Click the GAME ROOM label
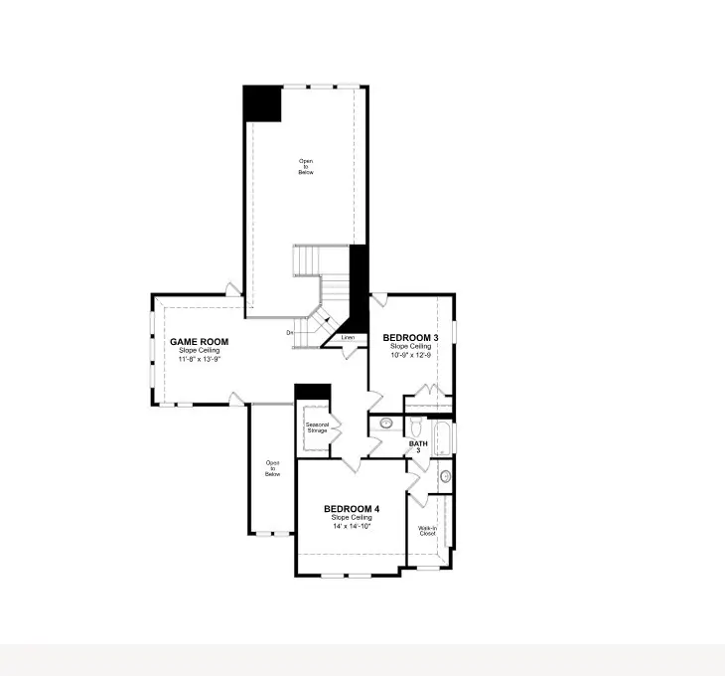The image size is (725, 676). click(x=199, y=342)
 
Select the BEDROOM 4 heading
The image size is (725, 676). click(x=352, y=509)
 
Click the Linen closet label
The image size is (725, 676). click(x=348, y=338)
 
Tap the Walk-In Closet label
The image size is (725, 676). click(x=427, y=530)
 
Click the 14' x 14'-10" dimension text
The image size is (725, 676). click(x=352, y=527)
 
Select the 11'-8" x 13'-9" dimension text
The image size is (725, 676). click(x=199, y=359)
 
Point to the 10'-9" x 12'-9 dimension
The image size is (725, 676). click(x=410, y=355)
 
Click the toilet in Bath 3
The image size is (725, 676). click(x=415, y=425)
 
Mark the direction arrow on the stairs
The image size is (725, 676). click(x=326, y=320)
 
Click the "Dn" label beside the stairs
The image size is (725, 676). click(x=291, y=332)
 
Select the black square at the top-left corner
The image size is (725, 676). click(x=263, y=104)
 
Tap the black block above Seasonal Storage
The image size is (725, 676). click(x=312, y=391)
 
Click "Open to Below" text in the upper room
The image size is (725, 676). click(x=306, y=166)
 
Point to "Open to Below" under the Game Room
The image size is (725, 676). click(x=272, y=468)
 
